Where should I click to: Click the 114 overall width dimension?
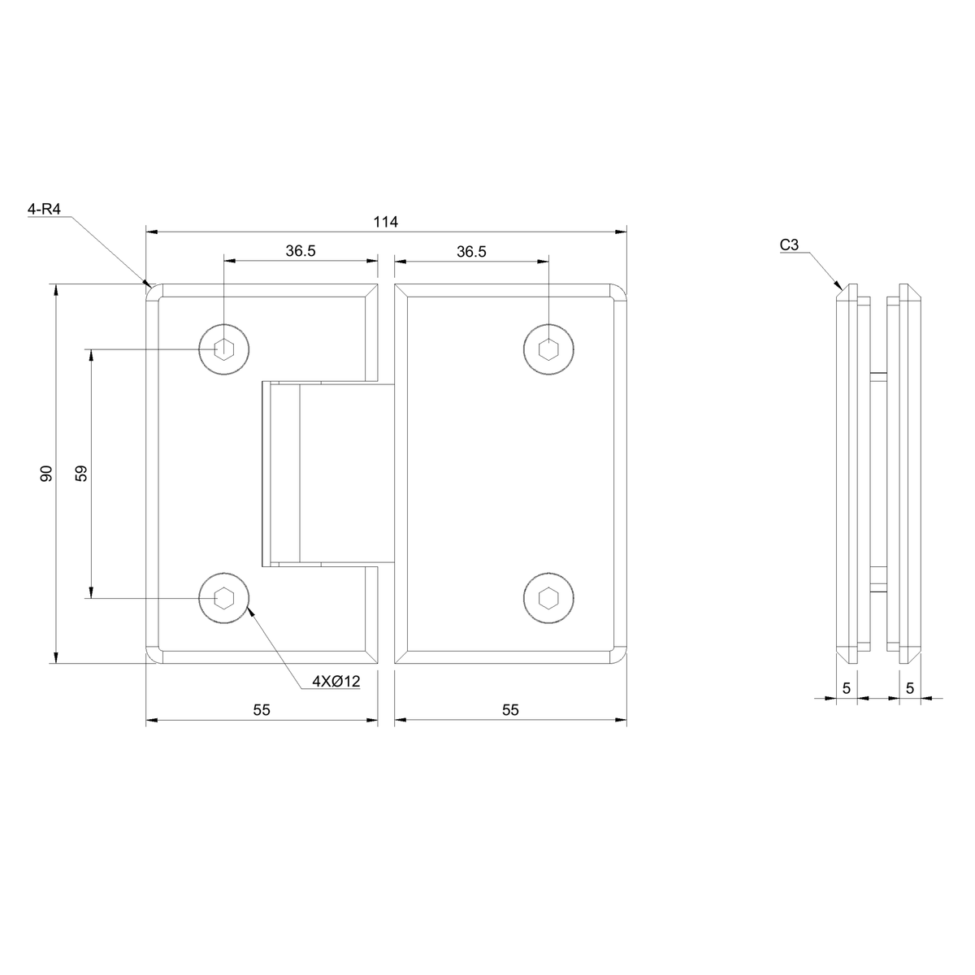[x=386, y=222]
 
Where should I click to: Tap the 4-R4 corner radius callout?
[x=44, y=209]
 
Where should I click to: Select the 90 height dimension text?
[x=46, y=473]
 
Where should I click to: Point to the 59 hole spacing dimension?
[x=81, y=473]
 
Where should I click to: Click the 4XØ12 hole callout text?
[x=336, y=682]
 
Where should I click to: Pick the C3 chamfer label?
[x=789, y=245]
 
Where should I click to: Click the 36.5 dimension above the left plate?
[x=301, y=251]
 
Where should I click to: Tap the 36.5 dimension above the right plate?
[x=471, y=251]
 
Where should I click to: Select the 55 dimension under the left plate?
[x=262, y=710]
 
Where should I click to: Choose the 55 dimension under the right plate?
[x=510, y=710]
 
